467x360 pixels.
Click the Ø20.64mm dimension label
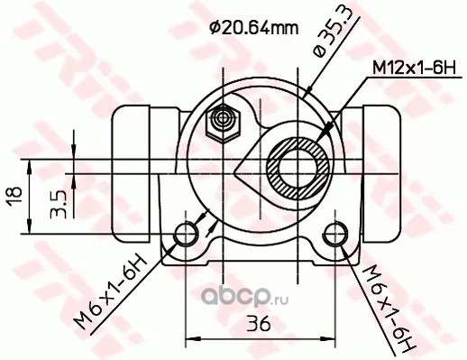[x=254, y=29]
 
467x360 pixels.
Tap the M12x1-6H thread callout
[x=415, y=69]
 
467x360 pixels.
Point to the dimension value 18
[x=14, y=197]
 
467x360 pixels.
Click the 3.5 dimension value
[x=59, y=204]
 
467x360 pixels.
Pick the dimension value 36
[x=259, y=324]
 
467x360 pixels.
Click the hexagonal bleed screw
[x=223, y=123]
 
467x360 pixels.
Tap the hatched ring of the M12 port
[x=298, y=169]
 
